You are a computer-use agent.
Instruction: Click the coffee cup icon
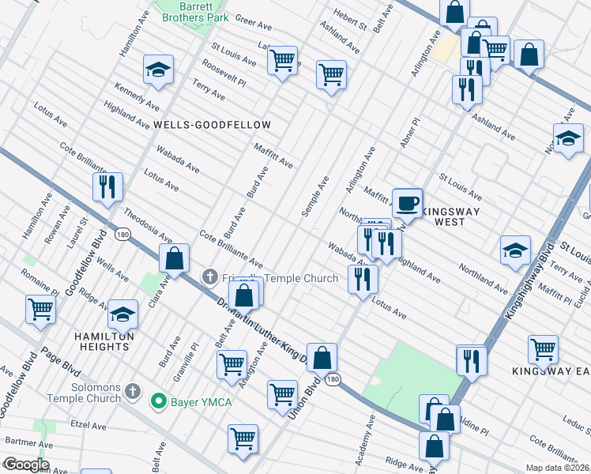click(x=408, y=203)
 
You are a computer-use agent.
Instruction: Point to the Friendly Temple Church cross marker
click(x=209, y=277)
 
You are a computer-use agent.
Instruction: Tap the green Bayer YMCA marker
click(x=158, y=402)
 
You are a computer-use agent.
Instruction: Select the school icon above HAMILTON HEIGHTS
click(x=122, y=315)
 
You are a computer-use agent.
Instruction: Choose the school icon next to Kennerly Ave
click(x=158, y=70)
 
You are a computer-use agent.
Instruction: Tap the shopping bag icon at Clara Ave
click(x=174, y=258)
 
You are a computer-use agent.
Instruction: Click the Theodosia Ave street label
click(x=147, y=225)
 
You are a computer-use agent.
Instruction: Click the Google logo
click(x=25, y=465)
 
